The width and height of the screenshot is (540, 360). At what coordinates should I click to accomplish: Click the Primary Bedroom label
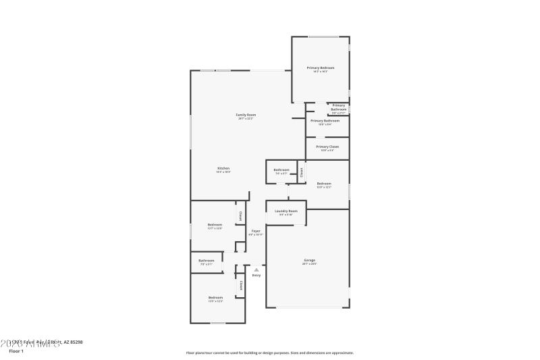click(321, 68)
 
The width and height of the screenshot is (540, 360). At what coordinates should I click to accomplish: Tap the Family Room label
click(246, 115)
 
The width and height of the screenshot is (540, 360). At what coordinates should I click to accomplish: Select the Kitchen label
click(223, 168)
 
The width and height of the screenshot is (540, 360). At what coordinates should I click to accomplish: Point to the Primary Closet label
click(327, 147)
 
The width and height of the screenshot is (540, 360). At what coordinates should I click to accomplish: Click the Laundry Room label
click(286, 211)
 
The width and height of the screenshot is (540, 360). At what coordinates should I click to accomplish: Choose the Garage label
click(309, 260)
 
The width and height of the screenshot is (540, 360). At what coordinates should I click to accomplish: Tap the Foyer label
click(256, 231)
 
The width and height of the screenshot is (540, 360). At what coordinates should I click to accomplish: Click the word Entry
click(256, 276)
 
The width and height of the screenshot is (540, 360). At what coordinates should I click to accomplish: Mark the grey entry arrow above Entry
click(256, 269)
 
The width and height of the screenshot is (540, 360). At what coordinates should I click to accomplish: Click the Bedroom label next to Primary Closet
click(325, 184)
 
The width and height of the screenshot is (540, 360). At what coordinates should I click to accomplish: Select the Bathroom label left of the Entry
click(207, 261)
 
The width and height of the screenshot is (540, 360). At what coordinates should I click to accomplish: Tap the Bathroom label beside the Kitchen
click(281, 170)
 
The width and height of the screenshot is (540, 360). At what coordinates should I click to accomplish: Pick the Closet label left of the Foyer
click(240, 216)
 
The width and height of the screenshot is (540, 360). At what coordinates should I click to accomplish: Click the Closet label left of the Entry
click(240, 286)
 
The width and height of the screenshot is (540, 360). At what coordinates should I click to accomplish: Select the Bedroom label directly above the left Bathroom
click(215, 224)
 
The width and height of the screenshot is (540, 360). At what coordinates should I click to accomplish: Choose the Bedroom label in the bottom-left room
click(215, 298)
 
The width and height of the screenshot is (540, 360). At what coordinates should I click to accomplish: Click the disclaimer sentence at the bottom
click(270, 353)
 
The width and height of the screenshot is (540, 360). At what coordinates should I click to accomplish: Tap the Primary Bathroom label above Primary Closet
click(325, 121)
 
